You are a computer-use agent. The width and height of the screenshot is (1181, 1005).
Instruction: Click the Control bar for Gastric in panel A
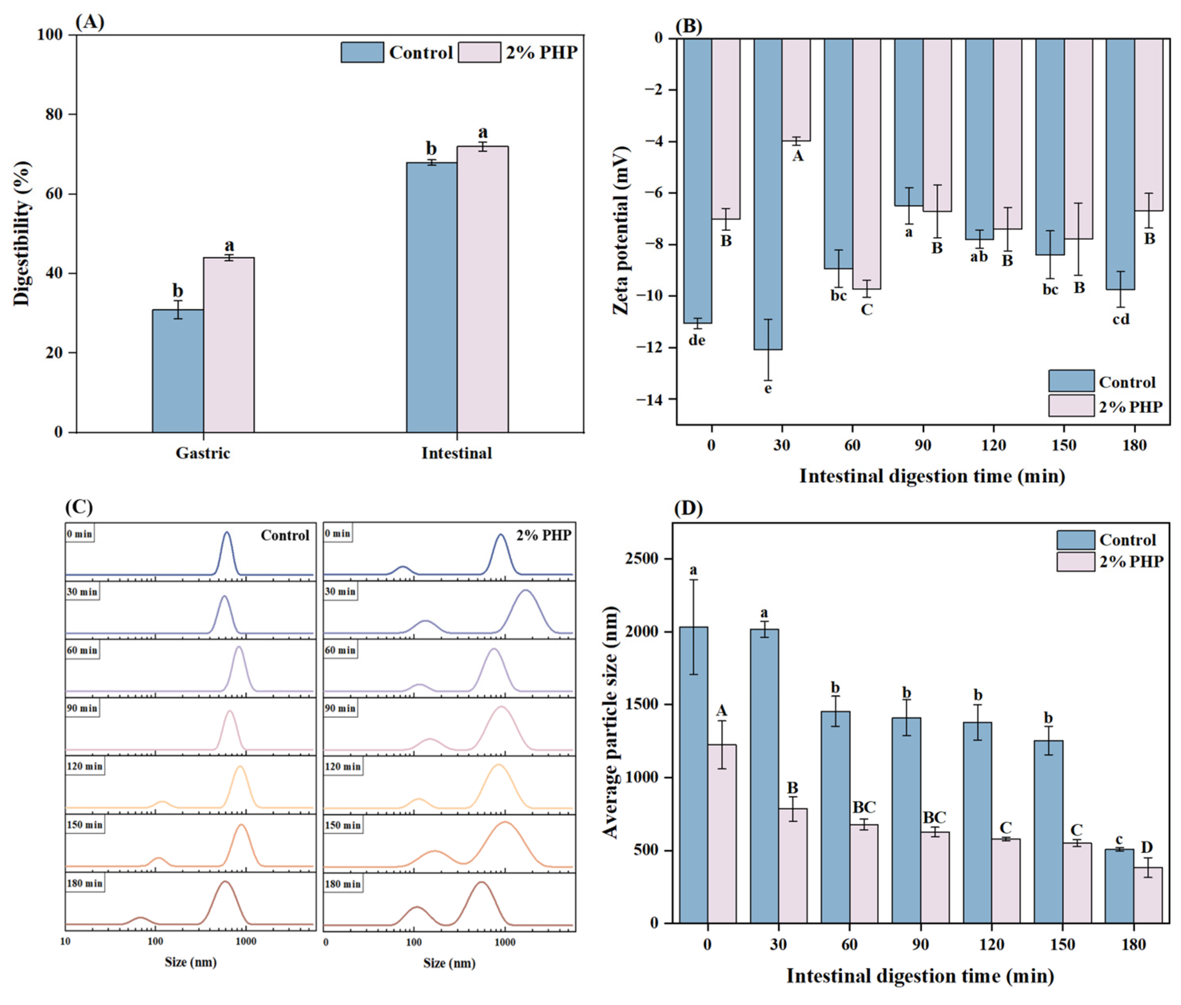177,370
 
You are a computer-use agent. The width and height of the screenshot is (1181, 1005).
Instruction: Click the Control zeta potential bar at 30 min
767,194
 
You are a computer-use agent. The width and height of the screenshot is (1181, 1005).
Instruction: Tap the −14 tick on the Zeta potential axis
657,400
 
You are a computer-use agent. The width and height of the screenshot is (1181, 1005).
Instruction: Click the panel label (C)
79,506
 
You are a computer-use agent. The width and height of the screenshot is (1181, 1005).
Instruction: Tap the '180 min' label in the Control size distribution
84,884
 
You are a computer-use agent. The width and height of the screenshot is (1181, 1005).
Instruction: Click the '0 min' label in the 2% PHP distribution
337,534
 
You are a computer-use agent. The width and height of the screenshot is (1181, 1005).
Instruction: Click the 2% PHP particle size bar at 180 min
1147,895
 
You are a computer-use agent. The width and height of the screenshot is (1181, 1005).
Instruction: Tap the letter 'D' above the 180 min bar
1146,848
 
